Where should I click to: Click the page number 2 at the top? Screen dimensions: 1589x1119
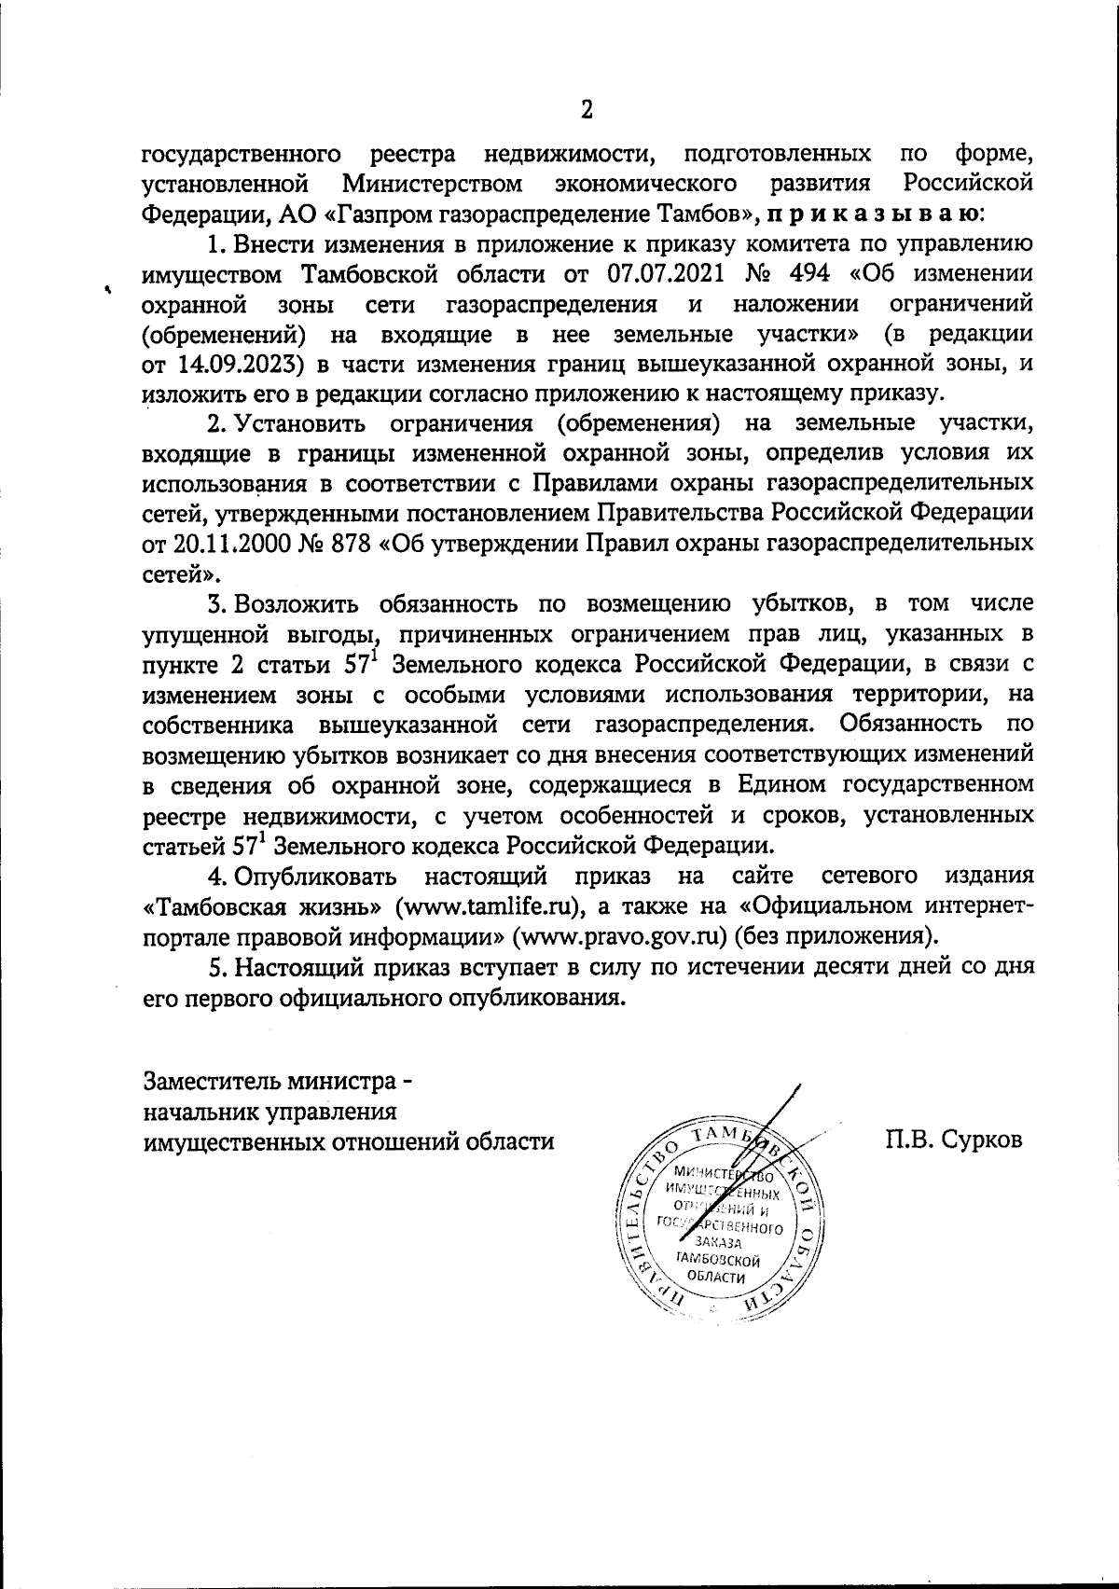click(x=587, y=110)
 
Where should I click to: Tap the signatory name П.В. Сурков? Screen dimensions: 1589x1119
click(x=955, y=1140)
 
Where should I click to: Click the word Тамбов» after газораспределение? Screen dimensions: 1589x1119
click(x=713, y=214)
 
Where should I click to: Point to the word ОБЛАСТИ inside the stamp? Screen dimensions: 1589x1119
click(x=716, y=1277)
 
